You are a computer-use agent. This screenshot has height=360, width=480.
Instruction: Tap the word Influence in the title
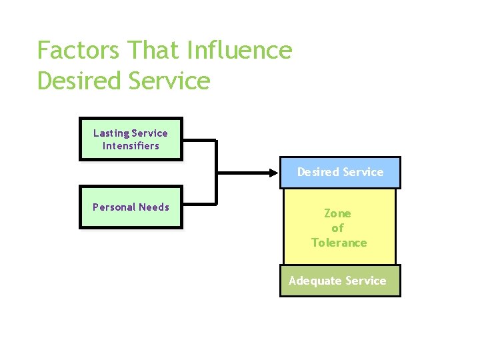(x=240, y=51)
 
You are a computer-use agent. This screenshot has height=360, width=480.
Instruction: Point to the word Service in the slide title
(x=167, y=81)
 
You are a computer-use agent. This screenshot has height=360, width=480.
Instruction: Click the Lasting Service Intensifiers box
(x=131, y=139)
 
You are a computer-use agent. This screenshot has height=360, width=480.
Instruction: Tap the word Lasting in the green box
(x=111, y=133)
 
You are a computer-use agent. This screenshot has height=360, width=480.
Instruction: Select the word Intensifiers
(x=131, y=146)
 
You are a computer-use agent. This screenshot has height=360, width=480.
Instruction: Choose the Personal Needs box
(x=131, y=207)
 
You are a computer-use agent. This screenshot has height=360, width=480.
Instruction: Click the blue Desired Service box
(x=340, y=172)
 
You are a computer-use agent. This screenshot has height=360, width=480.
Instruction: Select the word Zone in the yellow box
(x=337, y=213)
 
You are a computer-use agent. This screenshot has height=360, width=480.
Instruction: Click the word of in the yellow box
(x=337, y=228)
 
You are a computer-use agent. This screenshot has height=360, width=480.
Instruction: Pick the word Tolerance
(x=339, y=243)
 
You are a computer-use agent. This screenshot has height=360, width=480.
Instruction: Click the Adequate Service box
(x=339, y=281)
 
